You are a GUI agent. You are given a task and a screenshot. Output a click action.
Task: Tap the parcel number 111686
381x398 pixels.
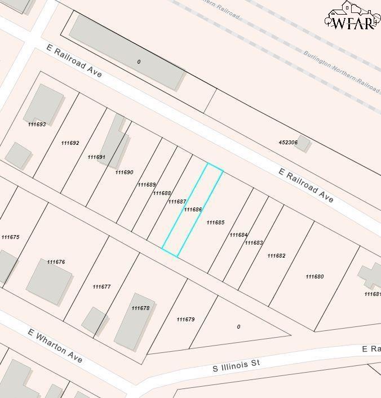coord(193,210)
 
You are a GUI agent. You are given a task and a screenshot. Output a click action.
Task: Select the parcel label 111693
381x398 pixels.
coord(37,125)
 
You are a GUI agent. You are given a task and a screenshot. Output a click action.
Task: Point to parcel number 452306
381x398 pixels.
coord(288,143)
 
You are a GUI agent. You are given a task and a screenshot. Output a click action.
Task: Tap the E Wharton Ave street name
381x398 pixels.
coord(55,345)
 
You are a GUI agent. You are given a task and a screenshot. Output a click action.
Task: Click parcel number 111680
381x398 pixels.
coord(314,277)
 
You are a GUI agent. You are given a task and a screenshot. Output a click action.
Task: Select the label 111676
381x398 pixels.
coord(56,262)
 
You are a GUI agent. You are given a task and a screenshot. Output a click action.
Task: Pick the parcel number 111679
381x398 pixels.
coord(185,320)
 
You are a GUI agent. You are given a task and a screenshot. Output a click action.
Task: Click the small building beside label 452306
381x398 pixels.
coord(304,143)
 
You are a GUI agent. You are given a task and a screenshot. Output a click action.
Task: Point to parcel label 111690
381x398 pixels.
coord(124,173)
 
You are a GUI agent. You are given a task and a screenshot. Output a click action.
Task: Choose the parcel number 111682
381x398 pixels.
coord(276,256)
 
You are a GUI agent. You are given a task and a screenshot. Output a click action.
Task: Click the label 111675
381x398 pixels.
coord(10,237)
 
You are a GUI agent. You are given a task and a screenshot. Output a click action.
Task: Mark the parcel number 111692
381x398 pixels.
coord(70,143)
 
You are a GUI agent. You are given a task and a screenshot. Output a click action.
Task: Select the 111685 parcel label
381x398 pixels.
coord(215,223)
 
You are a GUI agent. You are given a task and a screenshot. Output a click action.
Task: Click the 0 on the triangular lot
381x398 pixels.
coord(238,327)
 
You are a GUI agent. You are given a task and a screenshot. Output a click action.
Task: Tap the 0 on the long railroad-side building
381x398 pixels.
coord(139,62)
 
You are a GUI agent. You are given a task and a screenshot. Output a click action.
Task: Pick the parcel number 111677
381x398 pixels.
coord(101,287)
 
